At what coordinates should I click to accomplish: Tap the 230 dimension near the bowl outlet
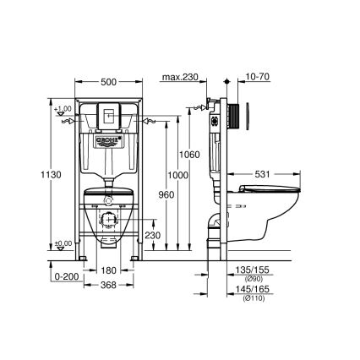[153, 235]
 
